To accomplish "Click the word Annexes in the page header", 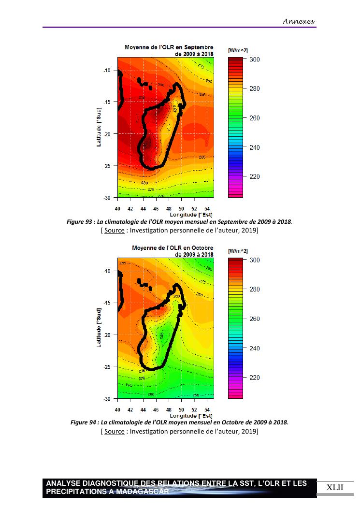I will pos(299,21).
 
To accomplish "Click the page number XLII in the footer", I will pos(335,487).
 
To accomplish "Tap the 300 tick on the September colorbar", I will pos(255,59).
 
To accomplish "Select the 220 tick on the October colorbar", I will pos(255,378).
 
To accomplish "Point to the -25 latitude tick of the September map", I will pos(107,166).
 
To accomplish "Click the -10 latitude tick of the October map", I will pos(107,271).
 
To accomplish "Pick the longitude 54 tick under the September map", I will pos(207,208).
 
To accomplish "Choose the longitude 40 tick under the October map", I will pos(117,409).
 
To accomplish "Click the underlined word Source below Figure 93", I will pos(114,231).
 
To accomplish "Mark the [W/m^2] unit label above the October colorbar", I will pos(238,251).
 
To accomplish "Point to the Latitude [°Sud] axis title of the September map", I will pos(99,127).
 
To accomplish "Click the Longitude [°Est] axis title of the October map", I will pos(191,416).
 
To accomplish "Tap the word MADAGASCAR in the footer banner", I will pos(145,492).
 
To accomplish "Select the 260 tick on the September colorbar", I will pos(255,118).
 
